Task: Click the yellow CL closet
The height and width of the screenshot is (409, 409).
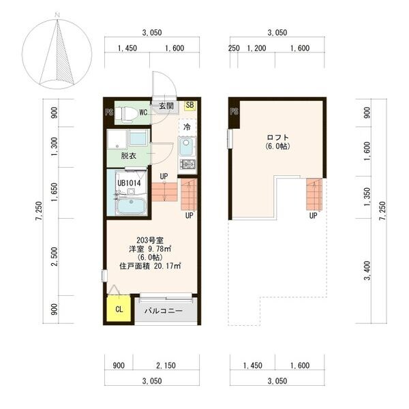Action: coord(119,309)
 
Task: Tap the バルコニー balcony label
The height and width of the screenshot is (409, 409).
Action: coord(164,311)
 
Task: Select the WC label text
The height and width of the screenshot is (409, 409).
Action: coord(144,112)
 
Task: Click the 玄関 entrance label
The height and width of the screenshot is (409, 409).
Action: coord(166,106)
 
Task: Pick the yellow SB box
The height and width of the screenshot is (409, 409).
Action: coord(190,106)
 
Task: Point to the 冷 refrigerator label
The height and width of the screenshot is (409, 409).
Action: coord(186,127)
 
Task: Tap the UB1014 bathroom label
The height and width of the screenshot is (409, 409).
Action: coord(128,183)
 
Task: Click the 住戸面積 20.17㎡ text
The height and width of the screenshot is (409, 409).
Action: coord(149,266)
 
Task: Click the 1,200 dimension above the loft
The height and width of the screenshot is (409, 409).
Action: coord(256,48)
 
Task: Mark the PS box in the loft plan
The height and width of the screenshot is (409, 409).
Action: coord(234,112)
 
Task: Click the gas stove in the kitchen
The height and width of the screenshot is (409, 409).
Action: coord(187,164)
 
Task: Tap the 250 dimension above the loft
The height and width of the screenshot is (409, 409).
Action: coord(234,48)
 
